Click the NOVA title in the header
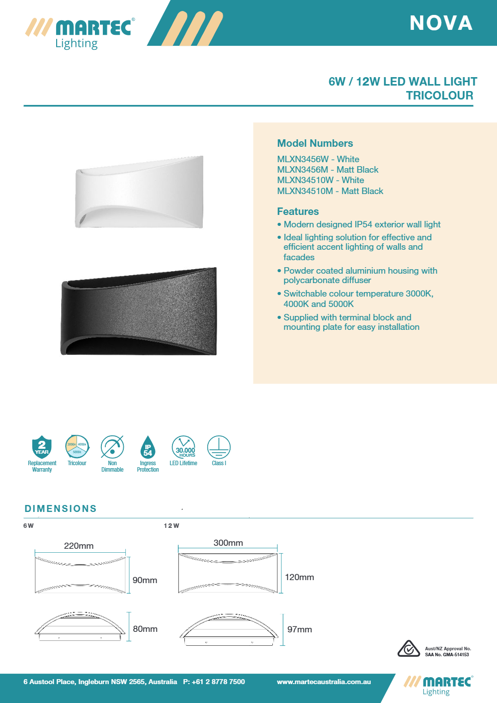441,23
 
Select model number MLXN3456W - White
318,159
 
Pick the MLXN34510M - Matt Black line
330,191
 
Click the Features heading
298,211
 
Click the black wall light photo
139,311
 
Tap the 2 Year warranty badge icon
42,447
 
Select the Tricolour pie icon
77,446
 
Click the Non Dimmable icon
112,447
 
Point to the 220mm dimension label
79,546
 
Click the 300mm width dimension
228,543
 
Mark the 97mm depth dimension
300,629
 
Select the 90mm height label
145,580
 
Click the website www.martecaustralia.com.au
324,682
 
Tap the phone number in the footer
214,682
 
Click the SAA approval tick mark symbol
409,649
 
